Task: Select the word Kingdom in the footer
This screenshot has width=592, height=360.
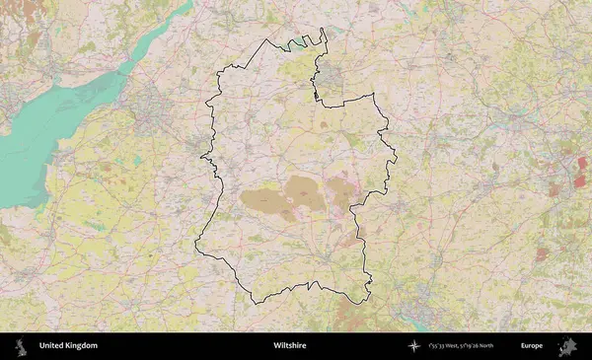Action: pyautogui.click(x=82, y=346)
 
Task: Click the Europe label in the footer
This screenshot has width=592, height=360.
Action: pyautogui.click(x=532, y=346)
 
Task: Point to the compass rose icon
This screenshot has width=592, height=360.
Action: pyautogui.click(x=413, y=346)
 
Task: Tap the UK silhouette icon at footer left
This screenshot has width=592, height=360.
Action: pyautogui.click(x=21, y=346)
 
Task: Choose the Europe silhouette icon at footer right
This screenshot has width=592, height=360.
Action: pyautogui.click(x=566, y=346)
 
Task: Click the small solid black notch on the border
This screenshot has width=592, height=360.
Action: pyautogui.click(x=316, y=96)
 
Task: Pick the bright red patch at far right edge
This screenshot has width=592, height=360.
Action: pyautogui.click(x=582, y=163)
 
